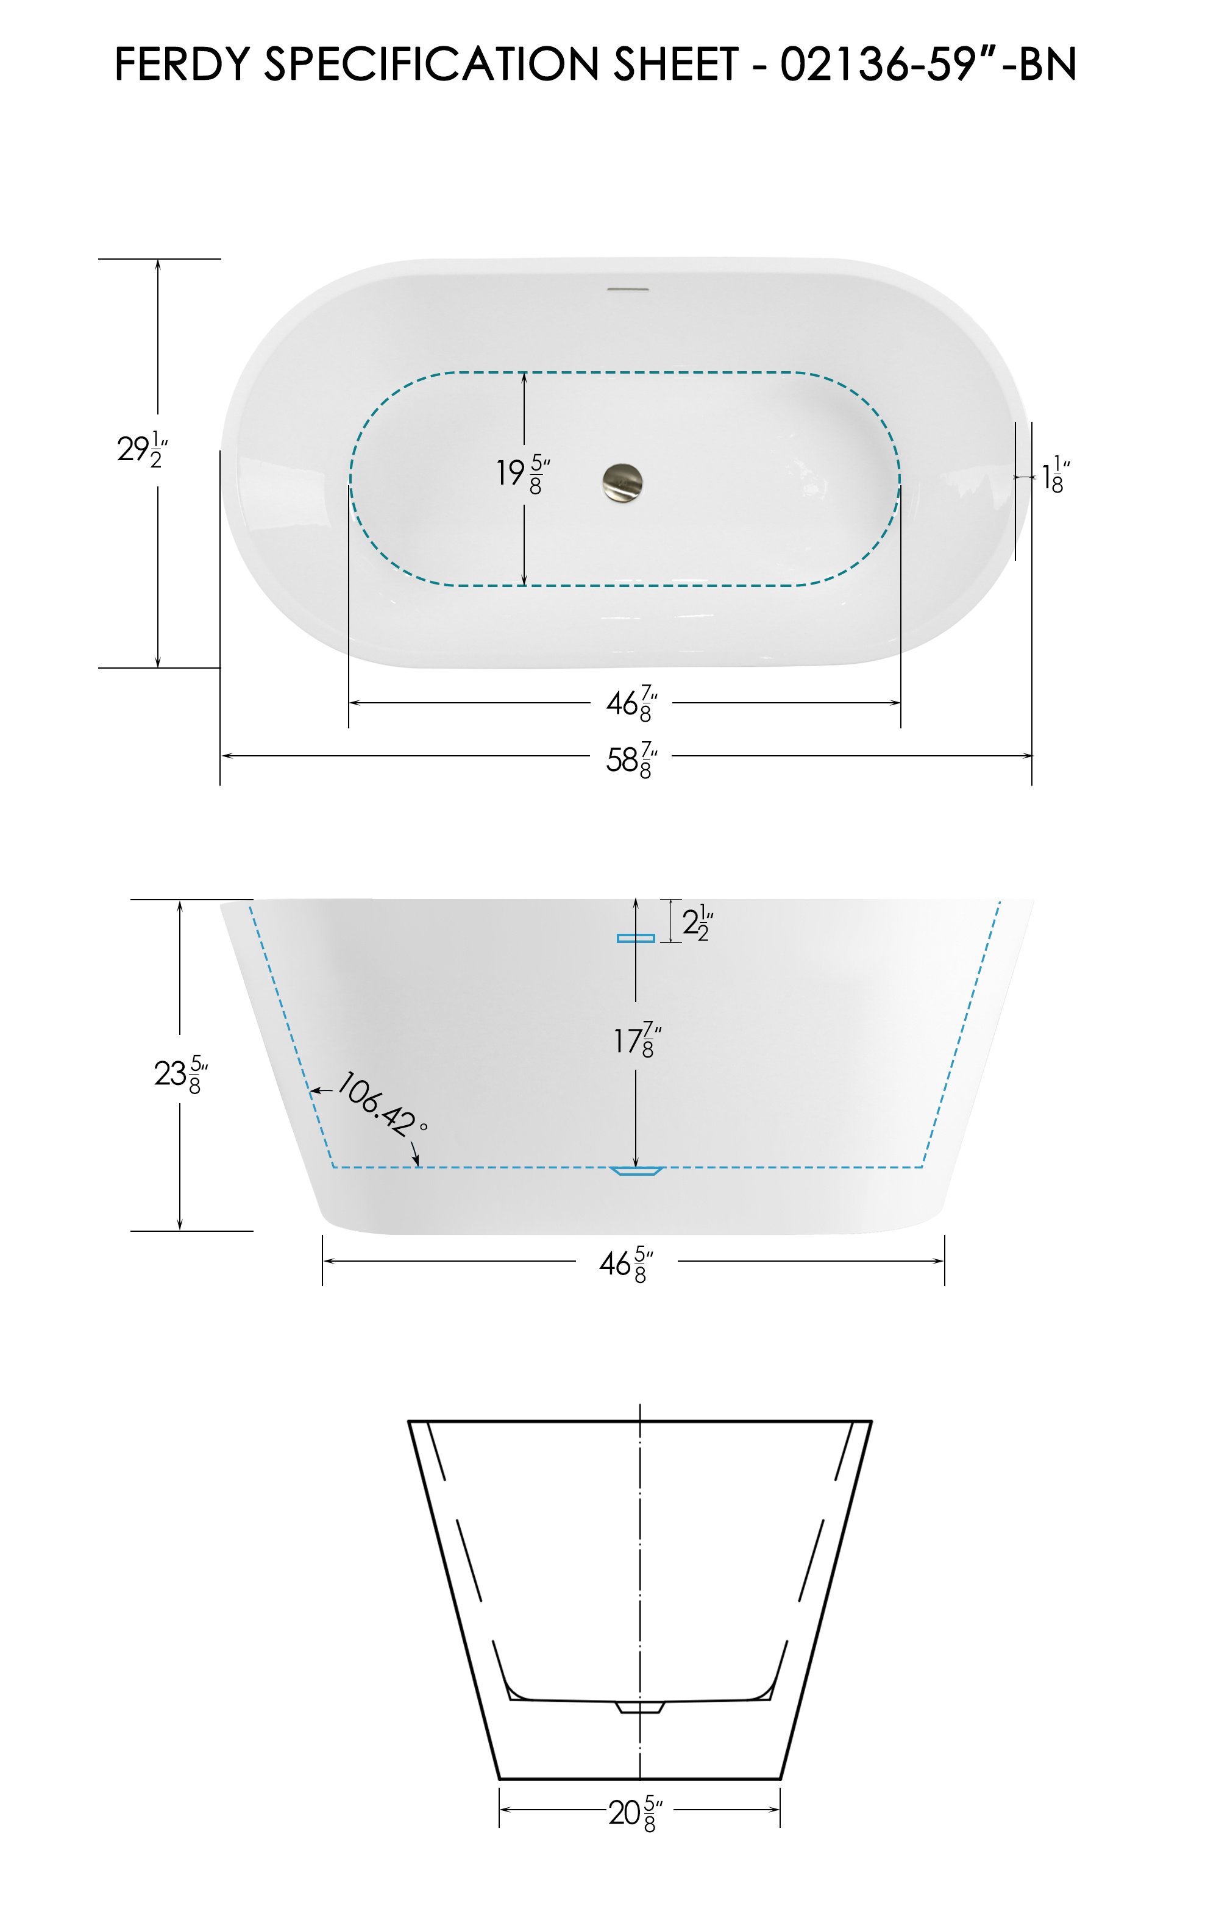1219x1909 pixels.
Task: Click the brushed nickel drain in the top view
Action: pos(623,480)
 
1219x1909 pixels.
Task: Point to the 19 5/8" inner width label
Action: pos(523,474)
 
